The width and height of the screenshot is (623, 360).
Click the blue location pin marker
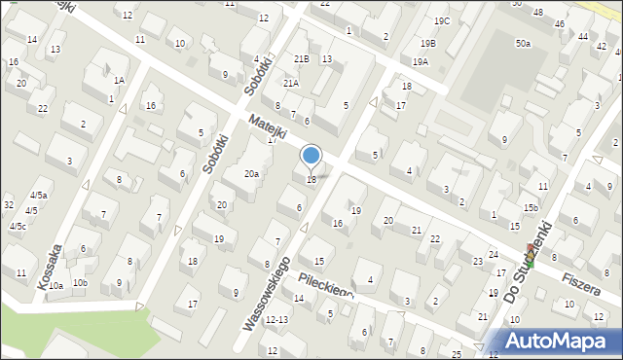tap(311, 156)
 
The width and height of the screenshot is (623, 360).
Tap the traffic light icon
tap(530, 255)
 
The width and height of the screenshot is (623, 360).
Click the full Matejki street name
tap(267, 126)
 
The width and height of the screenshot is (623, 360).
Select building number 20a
tap(251, 173)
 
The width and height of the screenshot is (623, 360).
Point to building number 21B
tap(302, 59)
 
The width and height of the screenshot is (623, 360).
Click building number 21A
tap(291, 84)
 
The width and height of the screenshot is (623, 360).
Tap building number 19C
tap(442, 20)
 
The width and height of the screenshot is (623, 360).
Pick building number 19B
tap(428, 44)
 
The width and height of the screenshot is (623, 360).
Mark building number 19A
tap(420, 61)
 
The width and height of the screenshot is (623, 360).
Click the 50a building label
tap(524, 44)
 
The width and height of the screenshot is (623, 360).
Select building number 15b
tap(530, 207)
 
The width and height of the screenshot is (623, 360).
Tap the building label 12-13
tap(277, 319)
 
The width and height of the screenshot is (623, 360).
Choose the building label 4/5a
tap(38, 196)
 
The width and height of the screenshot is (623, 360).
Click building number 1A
tap(119, 81)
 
